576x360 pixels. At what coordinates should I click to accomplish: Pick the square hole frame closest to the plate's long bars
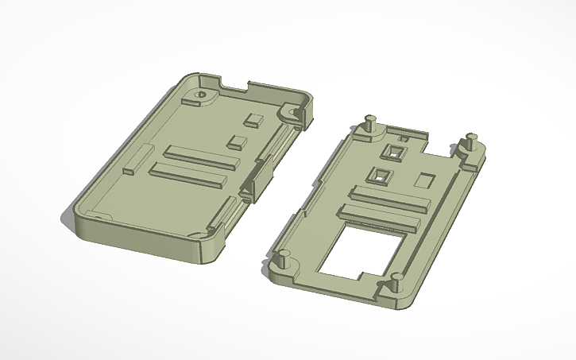click(380, 175)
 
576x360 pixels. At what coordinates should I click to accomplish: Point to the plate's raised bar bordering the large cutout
click(379, 215)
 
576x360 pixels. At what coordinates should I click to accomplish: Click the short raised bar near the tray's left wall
click(133, 159)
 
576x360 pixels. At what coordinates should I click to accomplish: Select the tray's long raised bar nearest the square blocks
click(202, 156)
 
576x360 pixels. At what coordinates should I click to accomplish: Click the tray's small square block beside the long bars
click(237, 143)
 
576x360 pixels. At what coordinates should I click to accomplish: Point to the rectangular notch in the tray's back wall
click(234, 82)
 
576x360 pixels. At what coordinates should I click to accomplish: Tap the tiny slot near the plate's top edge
click(404, 139)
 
